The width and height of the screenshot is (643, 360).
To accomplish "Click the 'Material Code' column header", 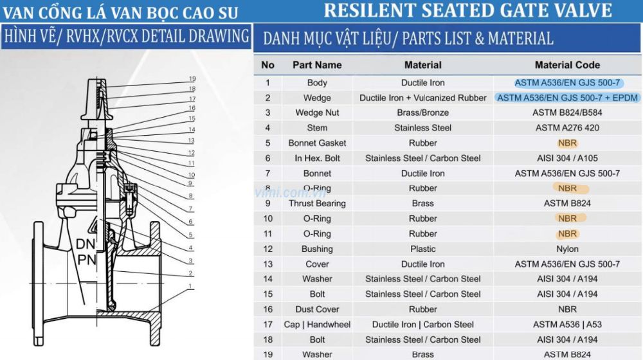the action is (567, 65).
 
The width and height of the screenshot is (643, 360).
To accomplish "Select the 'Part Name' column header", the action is (317, 65).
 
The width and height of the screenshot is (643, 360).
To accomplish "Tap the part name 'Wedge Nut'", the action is (317, 113).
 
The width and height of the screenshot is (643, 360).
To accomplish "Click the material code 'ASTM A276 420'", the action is (567, 128).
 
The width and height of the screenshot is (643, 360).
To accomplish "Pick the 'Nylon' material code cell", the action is (567, 249).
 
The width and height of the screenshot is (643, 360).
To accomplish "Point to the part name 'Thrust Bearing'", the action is (317, 203).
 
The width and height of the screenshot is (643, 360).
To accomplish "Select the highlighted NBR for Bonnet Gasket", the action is (567, 143).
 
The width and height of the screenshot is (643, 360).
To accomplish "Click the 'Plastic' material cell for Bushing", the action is (423, 249).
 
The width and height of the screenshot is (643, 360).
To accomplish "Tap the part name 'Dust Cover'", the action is (317, 309).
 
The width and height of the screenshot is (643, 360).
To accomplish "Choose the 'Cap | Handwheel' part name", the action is (317, 325).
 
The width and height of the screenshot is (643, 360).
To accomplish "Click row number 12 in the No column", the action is (267, 249).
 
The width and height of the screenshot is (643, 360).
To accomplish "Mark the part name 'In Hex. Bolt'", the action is (317, 158).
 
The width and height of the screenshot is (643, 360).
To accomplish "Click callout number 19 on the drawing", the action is (192, 78).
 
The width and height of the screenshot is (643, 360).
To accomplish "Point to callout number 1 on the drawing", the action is (190, 286).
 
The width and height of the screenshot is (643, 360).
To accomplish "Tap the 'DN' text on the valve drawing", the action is (86, 244).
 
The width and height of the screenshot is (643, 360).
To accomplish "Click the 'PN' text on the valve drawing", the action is (86, 260).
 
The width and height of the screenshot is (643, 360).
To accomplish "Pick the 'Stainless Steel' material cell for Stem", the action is (423, 128).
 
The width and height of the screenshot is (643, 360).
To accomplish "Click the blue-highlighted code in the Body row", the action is (568, 83).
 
